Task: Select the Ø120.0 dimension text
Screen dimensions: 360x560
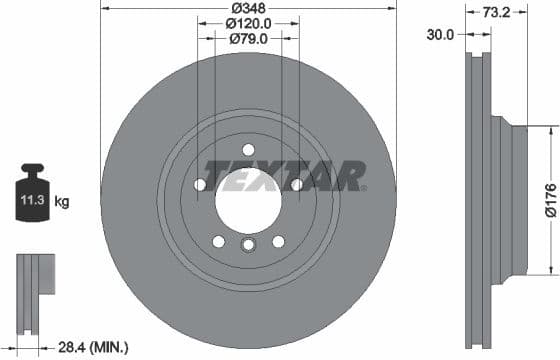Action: coord(249,22)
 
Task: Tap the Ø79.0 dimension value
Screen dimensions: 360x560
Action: coord(249,39)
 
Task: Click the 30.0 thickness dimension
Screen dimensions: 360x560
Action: coord(439,34)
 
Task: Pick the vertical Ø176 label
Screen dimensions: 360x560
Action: coord(549,199)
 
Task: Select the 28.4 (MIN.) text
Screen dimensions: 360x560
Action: coord(92,347)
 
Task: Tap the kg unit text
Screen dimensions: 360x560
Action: coord(62,202)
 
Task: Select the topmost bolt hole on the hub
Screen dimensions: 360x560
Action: coord(249,149)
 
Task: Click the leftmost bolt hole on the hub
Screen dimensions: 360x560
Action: coord(200,185)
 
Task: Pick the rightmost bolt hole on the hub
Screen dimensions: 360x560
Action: coord(297,184)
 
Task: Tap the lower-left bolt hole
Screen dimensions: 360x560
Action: coord(219,241)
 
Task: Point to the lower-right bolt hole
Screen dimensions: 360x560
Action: coord(278,241)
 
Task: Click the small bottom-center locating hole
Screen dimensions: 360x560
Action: coord(249,245)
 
